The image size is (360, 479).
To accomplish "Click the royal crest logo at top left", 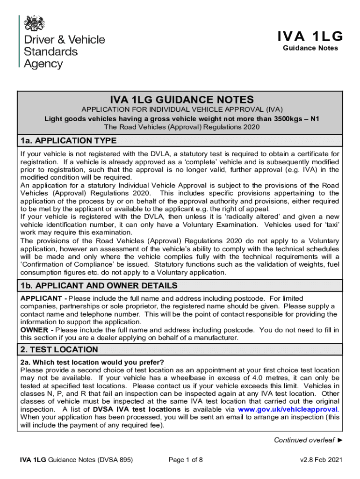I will point(34,23).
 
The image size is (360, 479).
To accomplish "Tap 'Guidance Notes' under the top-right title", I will point(310,48).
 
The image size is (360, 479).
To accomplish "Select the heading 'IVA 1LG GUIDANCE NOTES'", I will point(182,100).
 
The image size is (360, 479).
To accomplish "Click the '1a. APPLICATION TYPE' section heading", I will point(68,141).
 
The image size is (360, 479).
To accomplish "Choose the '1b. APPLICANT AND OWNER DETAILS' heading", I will point(98,285).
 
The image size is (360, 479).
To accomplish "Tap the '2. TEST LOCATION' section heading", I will point(59,349).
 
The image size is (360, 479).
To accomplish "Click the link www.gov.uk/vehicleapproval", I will point(288,409).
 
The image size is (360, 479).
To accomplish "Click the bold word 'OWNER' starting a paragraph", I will point(33,330).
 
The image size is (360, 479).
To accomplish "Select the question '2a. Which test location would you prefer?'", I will point(92,362).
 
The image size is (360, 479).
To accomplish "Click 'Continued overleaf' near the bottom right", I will point(304,440).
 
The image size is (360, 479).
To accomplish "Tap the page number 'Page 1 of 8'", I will point(186,460).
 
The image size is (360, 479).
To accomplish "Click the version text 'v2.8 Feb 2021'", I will point(321,460).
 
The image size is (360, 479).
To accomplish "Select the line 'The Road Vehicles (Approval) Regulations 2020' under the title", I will point(182,127).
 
